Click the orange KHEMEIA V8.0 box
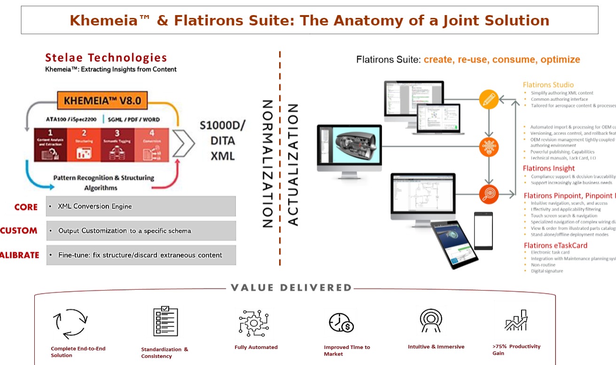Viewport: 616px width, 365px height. click(102, 100)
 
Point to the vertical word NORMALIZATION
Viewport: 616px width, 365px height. click(266, 163)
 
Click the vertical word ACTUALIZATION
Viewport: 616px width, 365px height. click(292, 164)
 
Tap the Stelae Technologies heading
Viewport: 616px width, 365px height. click(106, 58)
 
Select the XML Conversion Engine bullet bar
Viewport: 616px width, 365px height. click(141, 206)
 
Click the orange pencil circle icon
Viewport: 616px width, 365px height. click(489, 99)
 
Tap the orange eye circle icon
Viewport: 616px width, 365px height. click(489, 194)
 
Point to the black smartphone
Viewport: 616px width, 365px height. click(483, 230)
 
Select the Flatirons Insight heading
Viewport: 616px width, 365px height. click(549, 168)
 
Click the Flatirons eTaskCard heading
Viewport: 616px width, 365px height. click(555, 246)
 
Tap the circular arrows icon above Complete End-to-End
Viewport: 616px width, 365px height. click(70, 324)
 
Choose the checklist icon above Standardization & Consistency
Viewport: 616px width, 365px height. click(165, 321)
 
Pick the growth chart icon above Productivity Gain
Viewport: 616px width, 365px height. click(516, 321)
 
